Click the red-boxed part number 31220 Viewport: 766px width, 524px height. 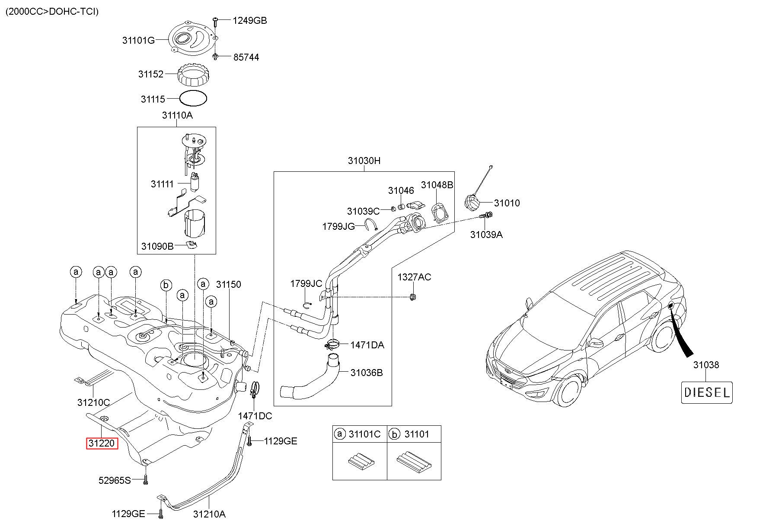(102, 444)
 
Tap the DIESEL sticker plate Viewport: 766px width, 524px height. (707, 392)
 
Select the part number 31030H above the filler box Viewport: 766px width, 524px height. (364, 161)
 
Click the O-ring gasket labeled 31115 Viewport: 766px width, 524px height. (193, 99)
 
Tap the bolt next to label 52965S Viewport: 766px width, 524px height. (145, 479)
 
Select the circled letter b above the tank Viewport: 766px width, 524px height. (166, 285)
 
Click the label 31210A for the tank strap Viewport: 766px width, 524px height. (209, 514)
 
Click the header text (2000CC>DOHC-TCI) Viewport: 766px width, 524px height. (52, 11)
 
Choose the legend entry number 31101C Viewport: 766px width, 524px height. (364, 434)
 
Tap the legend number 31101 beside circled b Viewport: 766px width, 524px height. (417, 434)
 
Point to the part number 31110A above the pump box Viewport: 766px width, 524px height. (177, 116)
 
